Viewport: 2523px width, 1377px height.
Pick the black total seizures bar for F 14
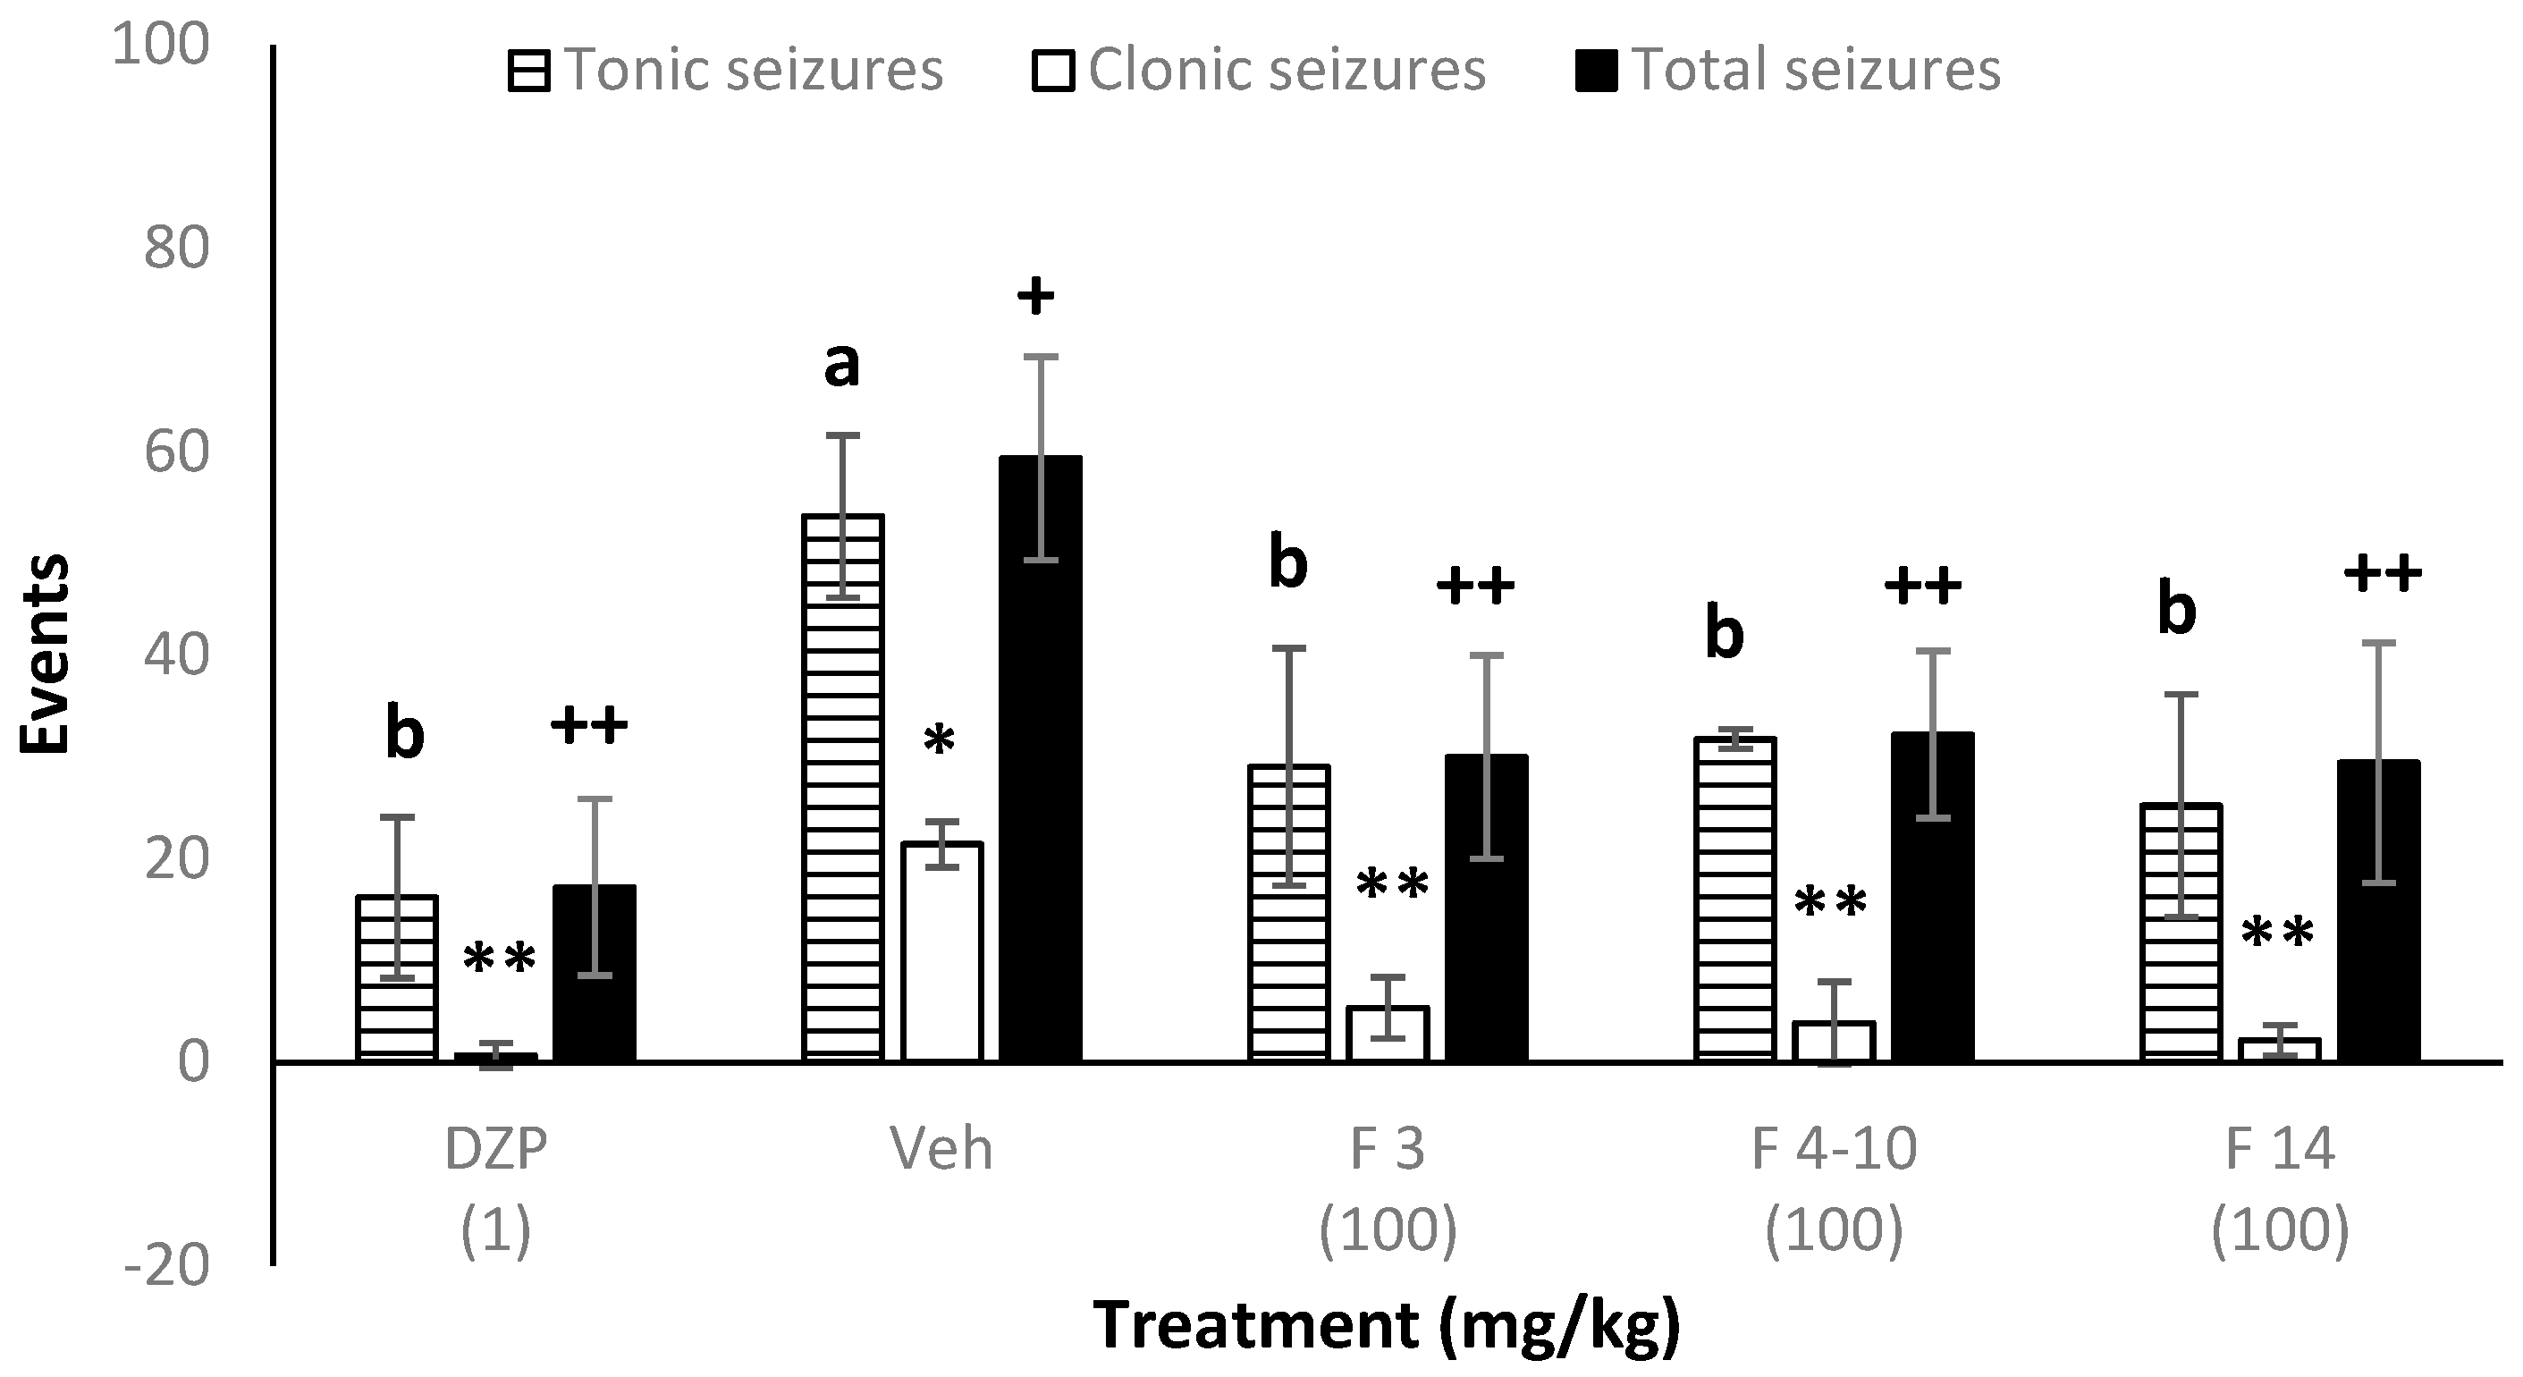point(2379,911)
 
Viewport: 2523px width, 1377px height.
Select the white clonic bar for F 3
point(1388,1035)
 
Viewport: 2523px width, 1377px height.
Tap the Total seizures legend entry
point(1788,71)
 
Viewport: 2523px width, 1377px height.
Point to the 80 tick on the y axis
point(177,249)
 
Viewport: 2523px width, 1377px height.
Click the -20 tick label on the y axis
point(167,1266)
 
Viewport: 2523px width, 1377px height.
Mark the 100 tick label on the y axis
point(162,45)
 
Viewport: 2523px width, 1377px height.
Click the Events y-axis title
point(45,654)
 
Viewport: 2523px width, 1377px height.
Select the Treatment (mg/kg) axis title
point(1387,1325)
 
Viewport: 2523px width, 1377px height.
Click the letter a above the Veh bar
point(841,366)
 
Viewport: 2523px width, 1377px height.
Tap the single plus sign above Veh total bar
point(1035,295)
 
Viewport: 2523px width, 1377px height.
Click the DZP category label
point(495,1149)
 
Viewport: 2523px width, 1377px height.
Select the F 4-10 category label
point(1834,1149)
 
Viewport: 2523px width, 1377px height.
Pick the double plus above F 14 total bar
point(2382,572)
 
